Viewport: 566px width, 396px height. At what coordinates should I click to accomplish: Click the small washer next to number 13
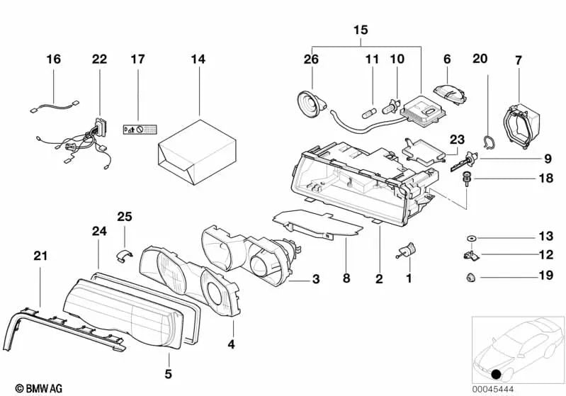[470, 237]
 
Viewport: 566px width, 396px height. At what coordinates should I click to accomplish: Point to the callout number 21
[40, 255]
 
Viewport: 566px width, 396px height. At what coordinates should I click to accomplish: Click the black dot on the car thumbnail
[496, 374]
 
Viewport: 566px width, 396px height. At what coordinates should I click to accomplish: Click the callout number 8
[346, 279]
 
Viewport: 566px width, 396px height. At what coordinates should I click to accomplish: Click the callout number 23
[455, 140]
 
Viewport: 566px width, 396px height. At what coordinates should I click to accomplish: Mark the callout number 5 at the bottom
[168, 373]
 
